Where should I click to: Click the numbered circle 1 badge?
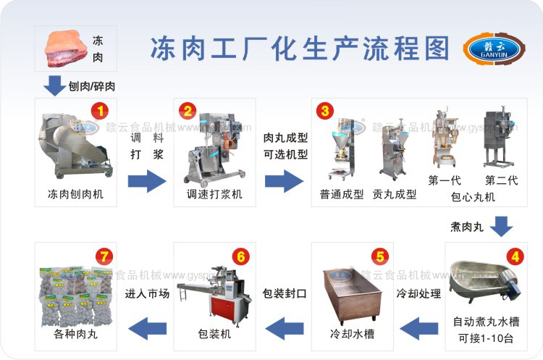(x=99, y=112)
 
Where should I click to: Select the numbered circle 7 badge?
(x=105, y=255)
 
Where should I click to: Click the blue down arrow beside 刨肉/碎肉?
(x=54, y=85)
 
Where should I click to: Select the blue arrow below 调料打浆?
(x=146, y=180)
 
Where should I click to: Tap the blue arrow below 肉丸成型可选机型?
(x=284, y=180)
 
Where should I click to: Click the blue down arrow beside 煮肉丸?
(x=500, y=227)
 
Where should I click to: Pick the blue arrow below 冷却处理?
(x=419, y=327)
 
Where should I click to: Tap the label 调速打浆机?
(x=214, y=194)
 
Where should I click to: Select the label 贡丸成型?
(x=395, y=194)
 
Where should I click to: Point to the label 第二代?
(x=501, y=180)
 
